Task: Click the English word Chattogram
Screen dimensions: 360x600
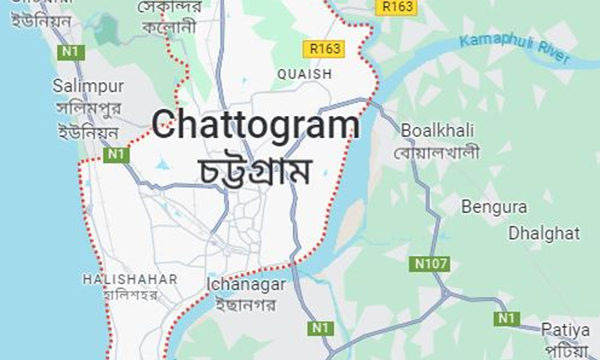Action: click(x=256, y=126)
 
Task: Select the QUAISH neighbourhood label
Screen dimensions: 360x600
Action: click(x=304, y=74)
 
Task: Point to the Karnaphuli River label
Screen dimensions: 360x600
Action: click(x=517, y=49)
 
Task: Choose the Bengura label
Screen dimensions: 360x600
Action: click(x=494, y=206)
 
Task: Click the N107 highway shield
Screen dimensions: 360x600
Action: click(x=432, y=262)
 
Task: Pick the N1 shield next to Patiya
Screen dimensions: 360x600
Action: click(x=505, y=318)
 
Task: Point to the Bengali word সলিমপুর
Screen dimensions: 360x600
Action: click(x=86, y=109)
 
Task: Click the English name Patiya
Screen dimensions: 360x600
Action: click(x=565, y=330)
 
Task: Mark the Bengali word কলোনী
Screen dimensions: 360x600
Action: click(x=166, y=27)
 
